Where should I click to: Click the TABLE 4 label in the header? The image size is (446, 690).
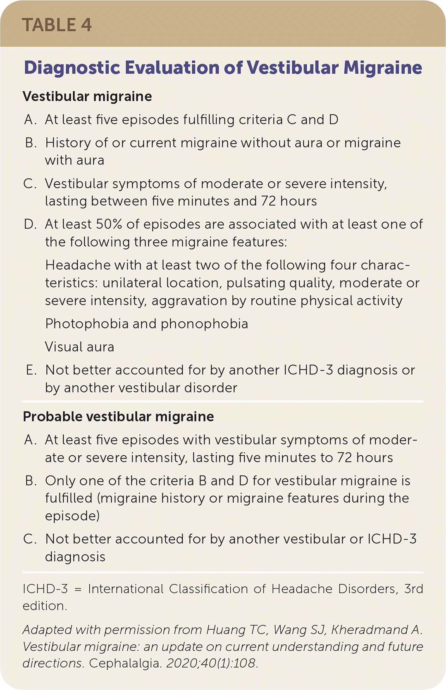tap(57, 25)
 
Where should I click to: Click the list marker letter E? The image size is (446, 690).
tap(31, 370)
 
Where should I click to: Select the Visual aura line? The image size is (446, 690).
tap(79, 347)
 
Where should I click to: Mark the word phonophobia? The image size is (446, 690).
tap(204, 324)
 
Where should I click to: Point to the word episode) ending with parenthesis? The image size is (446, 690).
tap(72, 516)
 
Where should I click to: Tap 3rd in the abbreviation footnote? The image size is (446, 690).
tap(413, 588)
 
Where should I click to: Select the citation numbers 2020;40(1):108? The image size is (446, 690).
tap(212, 664)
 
